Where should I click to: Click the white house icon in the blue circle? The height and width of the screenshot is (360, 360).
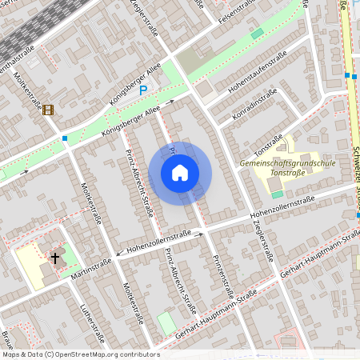coord(180,172)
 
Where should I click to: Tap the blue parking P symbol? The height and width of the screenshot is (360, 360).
coord(143,91)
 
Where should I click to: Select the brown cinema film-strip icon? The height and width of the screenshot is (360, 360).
coord(48,110)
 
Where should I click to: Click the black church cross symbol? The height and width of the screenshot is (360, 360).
coord(55,258)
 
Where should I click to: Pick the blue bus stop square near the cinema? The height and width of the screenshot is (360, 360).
coord(64,138)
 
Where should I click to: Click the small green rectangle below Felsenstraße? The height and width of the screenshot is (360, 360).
coord(257,34)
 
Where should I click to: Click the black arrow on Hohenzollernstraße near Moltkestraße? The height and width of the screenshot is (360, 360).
coord(119,254)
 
